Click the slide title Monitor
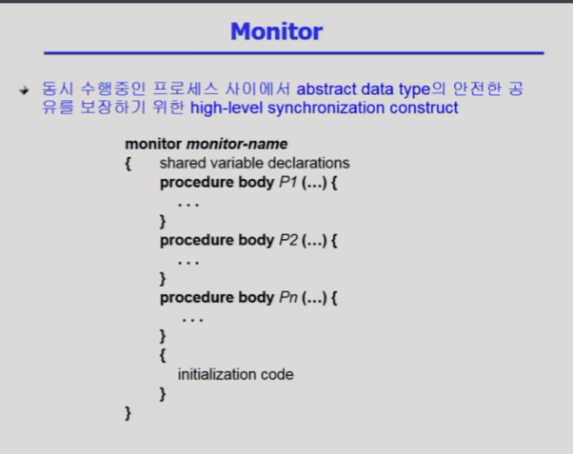coord(277,31)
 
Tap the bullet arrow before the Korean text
coord(24,89)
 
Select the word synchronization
coord(326,109)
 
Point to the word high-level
coord(227,109)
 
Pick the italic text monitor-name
coord(237,144)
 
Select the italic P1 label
coord(288,182)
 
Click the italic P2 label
coord(288,240)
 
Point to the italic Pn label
coord(288,298)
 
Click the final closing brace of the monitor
coord(128,413)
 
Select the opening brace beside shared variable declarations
coord(128,164)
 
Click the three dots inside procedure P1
coord(188,205)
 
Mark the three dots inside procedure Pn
coord(192,320)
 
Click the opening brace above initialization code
coord(163,355)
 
